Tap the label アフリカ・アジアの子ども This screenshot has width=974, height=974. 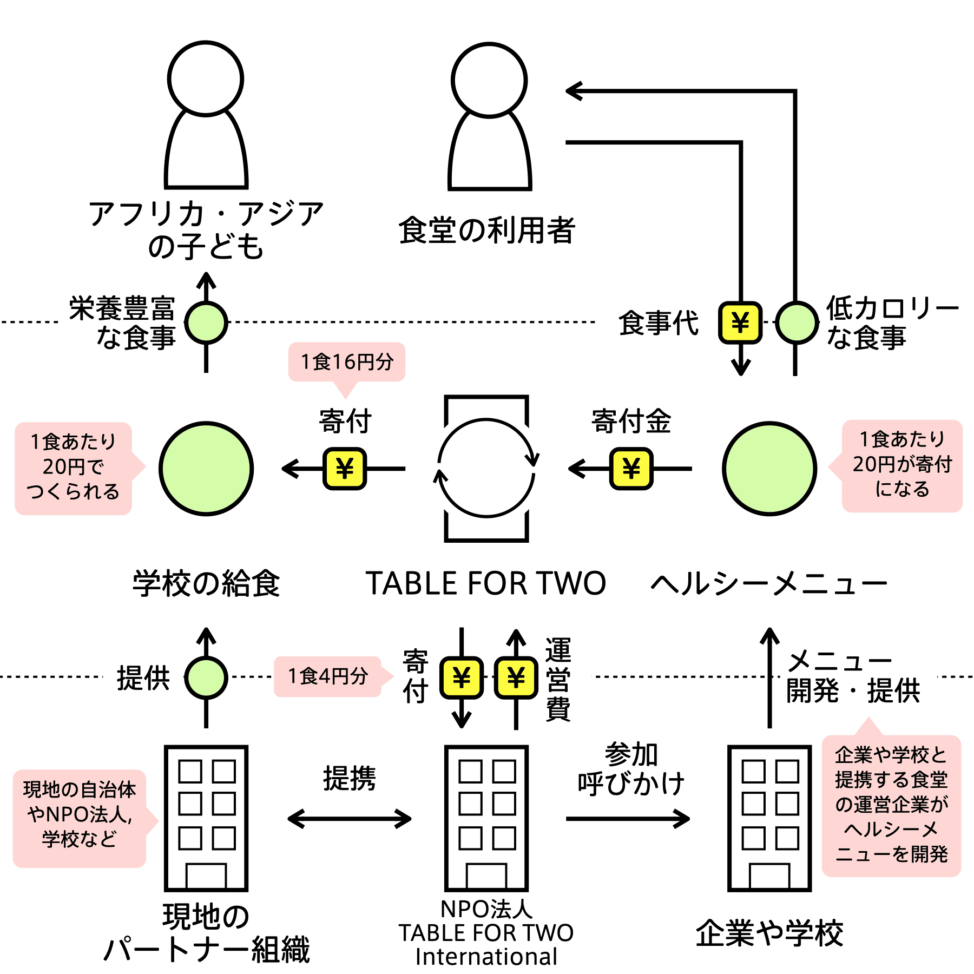pos(206,229)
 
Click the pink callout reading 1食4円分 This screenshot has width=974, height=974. pos(333,676)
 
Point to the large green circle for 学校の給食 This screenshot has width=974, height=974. pos(206,468)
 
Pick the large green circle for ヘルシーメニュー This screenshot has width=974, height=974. pos(769,468)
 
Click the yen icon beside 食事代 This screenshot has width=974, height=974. pos(740,323)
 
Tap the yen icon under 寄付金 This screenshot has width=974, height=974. pos(631,469)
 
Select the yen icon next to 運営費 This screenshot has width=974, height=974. pos(516,677)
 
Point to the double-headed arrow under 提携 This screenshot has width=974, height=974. pos(350,819)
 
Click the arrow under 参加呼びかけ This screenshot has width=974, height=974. pos(628,819)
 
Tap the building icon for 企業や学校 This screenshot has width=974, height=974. pos(769,818)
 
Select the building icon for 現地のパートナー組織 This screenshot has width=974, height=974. pos(206,818)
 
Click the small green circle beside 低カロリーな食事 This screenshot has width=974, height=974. pos(796,323)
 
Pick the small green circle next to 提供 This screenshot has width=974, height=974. pos(206,677)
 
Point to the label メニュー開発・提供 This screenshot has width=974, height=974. pos(853,676)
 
